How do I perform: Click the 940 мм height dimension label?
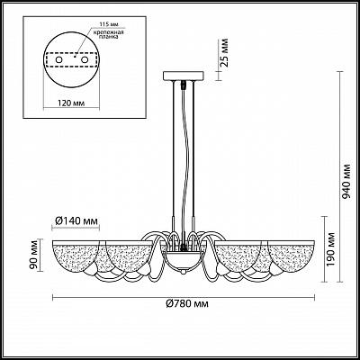(346, 182)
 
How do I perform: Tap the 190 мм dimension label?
(330, 249)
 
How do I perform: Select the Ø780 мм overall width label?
(187, 304)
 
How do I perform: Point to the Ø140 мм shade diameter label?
(76, 221)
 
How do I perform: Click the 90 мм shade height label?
(35, 255)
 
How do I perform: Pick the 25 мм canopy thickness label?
(224, 53)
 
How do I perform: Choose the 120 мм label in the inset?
(71, 103)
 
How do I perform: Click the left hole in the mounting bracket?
(59, 60)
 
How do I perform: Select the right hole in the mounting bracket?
(85, 60)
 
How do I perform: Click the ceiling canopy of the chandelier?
(183, 76)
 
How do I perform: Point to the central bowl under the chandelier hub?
(183, 260)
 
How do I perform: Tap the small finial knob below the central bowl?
(183, 272)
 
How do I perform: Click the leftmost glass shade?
(76, 257)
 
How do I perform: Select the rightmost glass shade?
(291, 257)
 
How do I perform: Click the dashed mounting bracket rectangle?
(72, 60)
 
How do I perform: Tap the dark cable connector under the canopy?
(183, 85)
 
